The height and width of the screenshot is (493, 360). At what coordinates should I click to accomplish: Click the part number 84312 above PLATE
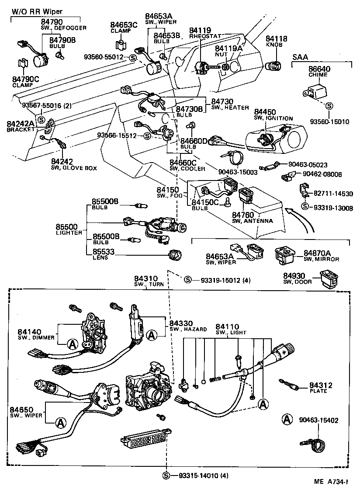click(321, 385)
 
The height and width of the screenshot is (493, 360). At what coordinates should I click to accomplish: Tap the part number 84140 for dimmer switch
click(29, 332)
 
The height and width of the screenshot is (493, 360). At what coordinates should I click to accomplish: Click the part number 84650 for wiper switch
click(21, 409)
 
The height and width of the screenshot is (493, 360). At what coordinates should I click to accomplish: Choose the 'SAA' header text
click(300, 57)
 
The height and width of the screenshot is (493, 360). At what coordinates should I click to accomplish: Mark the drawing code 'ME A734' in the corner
click(330, 482)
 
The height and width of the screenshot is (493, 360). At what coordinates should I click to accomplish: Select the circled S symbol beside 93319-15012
click(187, 280)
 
